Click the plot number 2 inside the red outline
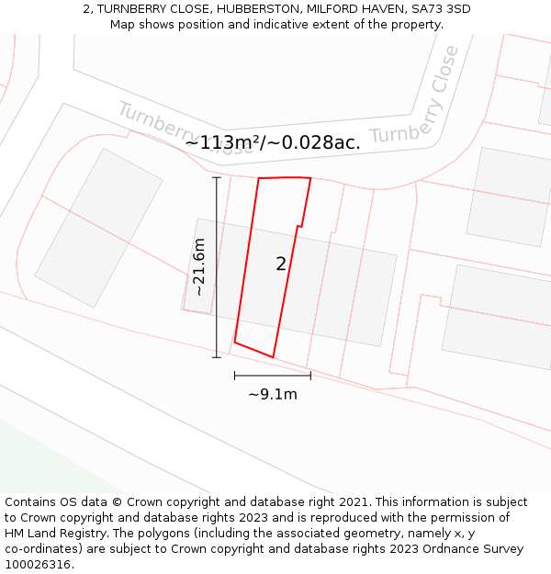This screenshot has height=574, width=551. pos(281,264)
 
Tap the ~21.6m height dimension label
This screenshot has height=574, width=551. pos(198,267)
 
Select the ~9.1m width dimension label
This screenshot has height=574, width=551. pos(273,394)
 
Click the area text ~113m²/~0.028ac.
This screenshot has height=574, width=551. pos(273,142)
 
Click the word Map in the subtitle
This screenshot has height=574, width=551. pos(124,24)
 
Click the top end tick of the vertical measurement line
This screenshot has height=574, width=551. pos(217,177)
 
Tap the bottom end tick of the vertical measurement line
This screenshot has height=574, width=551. pos(217,357)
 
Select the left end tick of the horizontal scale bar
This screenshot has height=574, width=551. pos(235,375)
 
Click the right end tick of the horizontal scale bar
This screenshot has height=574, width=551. pos(310,375)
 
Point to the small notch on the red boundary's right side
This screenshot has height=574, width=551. pos(299,226)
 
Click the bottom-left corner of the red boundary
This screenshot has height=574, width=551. pos(235,343)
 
